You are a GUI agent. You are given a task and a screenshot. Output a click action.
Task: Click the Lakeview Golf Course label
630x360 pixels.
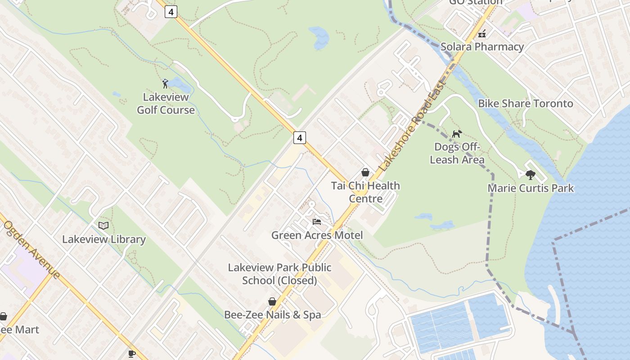coord(166,103)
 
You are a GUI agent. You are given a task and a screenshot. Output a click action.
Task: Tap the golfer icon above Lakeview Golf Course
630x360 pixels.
coord(165,84)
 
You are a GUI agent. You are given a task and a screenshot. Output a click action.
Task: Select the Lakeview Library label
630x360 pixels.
coord(103,239)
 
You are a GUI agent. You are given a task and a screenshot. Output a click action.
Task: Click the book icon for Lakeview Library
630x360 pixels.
coord(103,225)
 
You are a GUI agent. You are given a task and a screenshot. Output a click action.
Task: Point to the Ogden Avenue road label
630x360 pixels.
coord(31,249)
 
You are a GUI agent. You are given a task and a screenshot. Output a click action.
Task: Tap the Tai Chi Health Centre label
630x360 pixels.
coord(365,192)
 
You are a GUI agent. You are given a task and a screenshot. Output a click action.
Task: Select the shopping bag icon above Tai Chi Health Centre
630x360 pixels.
coord(365,172)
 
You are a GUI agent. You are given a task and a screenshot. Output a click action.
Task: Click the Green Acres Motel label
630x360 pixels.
coord(317,235)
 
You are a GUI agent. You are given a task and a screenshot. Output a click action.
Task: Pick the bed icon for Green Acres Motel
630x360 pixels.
coord(317,222)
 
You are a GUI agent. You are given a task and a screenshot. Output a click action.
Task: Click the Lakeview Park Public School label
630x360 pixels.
coord(279,274)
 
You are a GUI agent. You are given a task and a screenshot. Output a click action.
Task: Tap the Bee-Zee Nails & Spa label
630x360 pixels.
coord(273,315)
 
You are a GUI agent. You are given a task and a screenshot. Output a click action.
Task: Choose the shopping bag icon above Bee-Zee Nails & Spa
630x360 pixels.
coord(272,301)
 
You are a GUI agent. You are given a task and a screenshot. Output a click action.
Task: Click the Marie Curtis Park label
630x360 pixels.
coord(531,188)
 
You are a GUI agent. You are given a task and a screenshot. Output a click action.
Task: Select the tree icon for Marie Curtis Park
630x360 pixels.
coord(531,175)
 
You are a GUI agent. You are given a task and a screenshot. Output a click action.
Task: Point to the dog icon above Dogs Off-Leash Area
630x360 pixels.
coord(457,134)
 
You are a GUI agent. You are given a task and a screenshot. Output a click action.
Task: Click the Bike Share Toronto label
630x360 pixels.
coord(525,103)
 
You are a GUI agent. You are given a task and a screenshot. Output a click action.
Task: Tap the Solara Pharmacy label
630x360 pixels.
coord(482,47)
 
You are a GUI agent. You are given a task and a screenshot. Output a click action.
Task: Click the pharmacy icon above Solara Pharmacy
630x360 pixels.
coord(482,33)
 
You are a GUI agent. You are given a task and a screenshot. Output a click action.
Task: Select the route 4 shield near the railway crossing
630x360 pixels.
coord(300,138)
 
